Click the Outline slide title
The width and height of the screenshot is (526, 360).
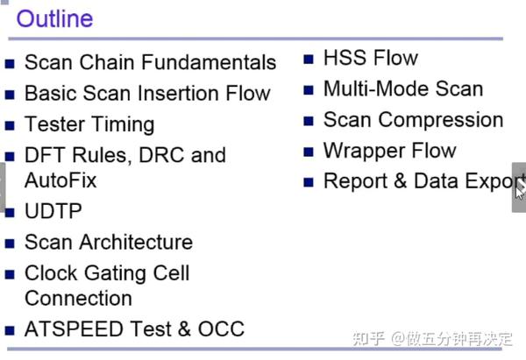tap(55, 18)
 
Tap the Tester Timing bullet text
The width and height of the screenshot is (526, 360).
tap(89, 124)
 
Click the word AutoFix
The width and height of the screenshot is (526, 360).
tap(60, 180)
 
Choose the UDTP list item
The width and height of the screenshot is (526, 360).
tap(53, 211)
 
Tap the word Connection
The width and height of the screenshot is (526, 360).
tap(78, 298)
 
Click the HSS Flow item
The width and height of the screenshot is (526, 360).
tap(371, 58)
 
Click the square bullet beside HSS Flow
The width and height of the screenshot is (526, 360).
tap(309, 60)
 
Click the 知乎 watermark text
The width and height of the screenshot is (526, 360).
tap(368, 339)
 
